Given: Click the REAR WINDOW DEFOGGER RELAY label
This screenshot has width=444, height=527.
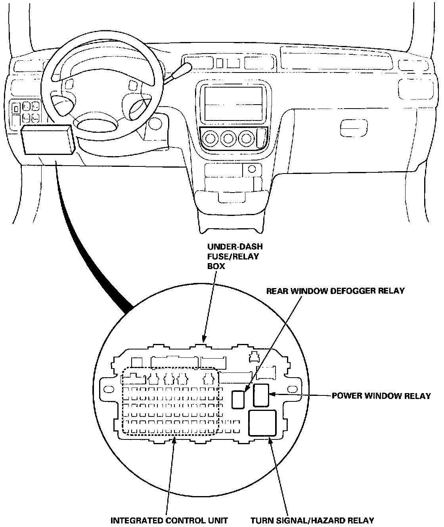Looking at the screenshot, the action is pos(335,291).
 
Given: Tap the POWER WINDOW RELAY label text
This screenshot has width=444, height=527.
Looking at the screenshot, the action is pos(381,396).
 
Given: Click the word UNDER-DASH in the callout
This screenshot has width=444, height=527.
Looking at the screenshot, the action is pos(235,246).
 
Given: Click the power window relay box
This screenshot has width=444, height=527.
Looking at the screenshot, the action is pos(261,395).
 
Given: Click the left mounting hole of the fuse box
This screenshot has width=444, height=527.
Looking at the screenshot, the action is pos(109,390).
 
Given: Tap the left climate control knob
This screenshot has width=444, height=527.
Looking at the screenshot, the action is pos(211,139).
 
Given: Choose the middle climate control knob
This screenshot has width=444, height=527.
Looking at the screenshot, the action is pos(228,139).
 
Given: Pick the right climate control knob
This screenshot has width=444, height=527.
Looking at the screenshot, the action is pos(247,139).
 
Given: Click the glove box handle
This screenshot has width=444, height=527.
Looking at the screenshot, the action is pos(354,128).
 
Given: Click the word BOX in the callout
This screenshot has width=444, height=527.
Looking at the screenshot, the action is pos(216,266).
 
